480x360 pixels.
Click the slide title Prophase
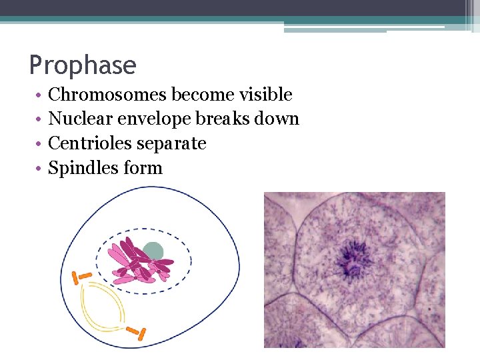click(x=83, y=65)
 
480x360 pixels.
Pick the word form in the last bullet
click(x=143, y=168)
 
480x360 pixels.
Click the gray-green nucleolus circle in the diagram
click(x=153, y=251)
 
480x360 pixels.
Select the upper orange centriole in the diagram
click(x=85, y=275)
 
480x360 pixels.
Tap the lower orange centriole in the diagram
click(x=137, y=332)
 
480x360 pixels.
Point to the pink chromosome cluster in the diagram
click(x=137, y=263)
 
